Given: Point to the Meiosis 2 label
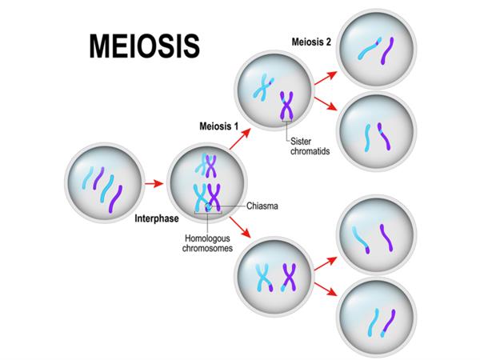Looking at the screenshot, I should coord(311,42).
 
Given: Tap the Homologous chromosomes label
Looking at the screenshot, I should coord(207,242).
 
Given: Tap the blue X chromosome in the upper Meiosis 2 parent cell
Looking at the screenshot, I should coord(262,85).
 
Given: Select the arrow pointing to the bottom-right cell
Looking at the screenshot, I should coord(322,290).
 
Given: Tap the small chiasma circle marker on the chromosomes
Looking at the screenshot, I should coord(208,207).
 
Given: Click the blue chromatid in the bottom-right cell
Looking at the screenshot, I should coord(373,323).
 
